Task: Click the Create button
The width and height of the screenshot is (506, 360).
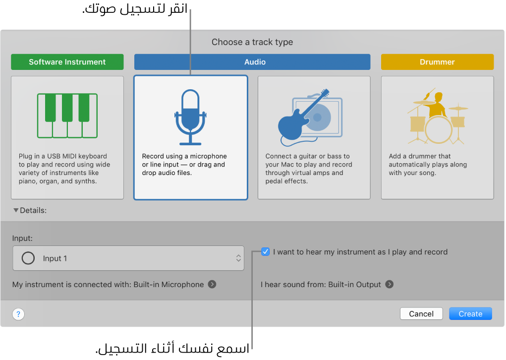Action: pyautogui.click(x=470, y=314)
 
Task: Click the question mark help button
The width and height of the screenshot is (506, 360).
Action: pyautogui.click(x=18, y=314)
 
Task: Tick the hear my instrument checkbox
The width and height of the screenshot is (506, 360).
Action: pyautogui.click(x=266, y=252)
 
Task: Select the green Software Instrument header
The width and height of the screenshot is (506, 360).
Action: pyautogui.click(x=67, y=62)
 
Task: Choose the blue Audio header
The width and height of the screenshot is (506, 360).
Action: pyautogui.click(x=252, y=62)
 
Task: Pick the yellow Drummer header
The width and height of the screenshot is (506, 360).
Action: pyautogui.click(x=437, y=62)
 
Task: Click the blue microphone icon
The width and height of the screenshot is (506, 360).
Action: pyautogui.click(x=190, y=117)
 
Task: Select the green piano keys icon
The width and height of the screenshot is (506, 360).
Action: pyautogui.click(x=67, y=116)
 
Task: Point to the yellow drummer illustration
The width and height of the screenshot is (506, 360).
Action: pyautogui.click(x=437, y=117)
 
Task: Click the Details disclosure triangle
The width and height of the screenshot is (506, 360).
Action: pyautogui.click(x=16, y=210)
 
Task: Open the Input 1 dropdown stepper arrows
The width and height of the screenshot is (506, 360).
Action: pyautogui.click(x=238, y=258)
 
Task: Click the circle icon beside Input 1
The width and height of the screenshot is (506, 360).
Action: pyautogui.click(x=28, y=258)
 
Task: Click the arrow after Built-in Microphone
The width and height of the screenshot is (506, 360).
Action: pyautogui.click(x=212, y=285)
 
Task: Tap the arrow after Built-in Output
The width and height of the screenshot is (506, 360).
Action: pyautogui.click(x=390, y=285)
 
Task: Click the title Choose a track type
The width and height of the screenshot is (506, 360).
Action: pyautogui.click(x=252, y=42)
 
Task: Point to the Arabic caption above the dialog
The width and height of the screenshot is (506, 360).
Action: pyautogui.click(x=135, y=9)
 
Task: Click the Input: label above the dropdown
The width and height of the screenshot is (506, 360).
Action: pyautogui.click(x=23, y=238)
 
